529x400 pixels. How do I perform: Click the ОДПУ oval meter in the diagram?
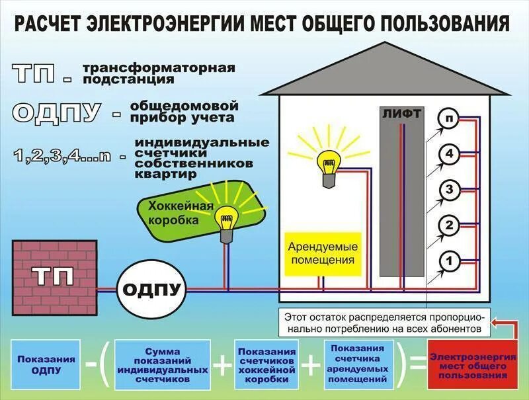pyautogui.click(x=151, y=288)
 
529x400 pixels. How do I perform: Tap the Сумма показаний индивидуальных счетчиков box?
pyautogui.click(x=162, y=366)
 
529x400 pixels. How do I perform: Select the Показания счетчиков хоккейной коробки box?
pyautogui.click(x=266, y=366)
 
